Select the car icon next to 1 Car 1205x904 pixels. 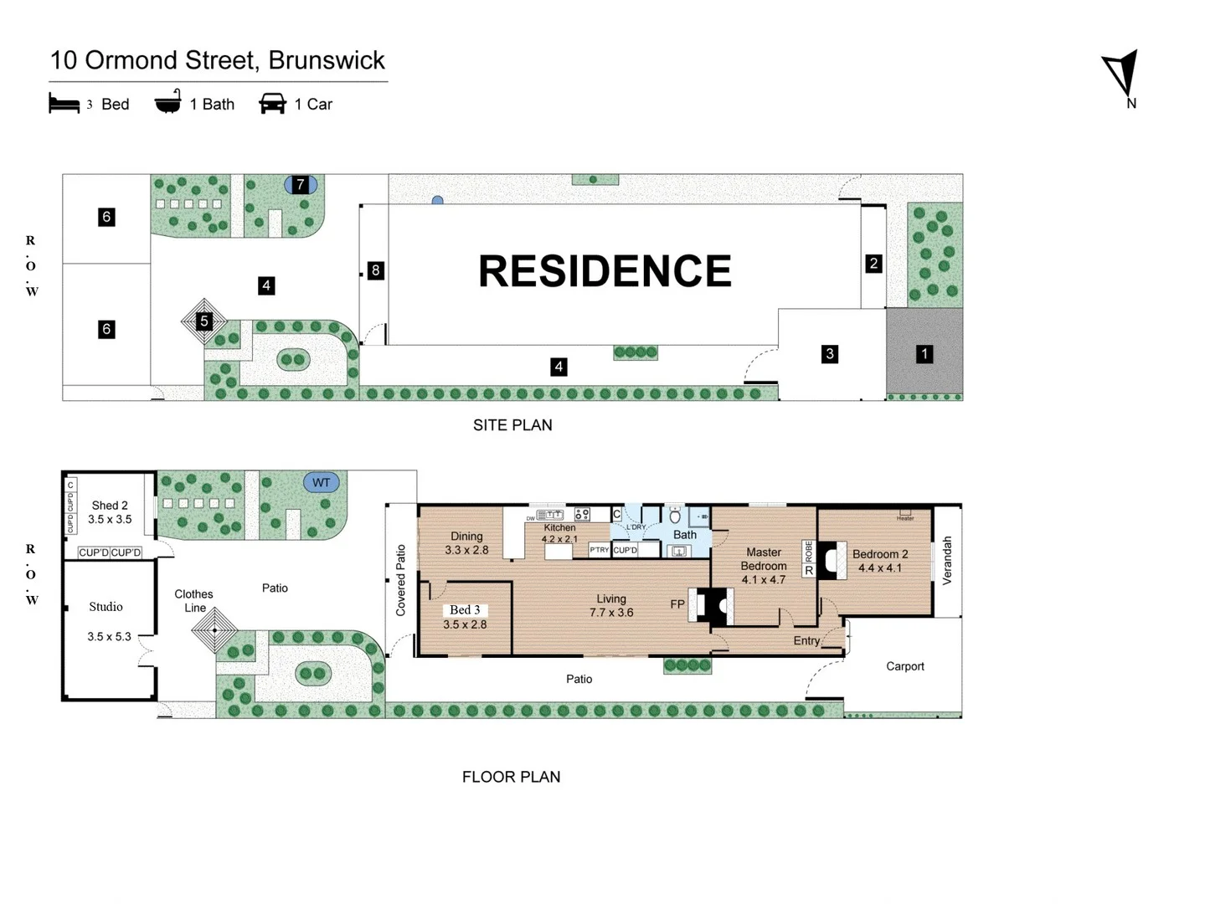coord(272,103)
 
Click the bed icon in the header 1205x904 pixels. coord(64,104)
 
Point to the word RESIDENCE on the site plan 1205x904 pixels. coord(605,271)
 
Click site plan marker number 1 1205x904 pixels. coord(924,354)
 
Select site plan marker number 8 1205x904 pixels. coord(375,270)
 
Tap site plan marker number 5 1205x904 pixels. coord(203,321)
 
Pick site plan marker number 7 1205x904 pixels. coord(301,184)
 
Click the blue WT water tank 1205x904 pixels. coord(322,482)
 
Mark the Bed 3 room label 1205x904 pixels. coord(465,610)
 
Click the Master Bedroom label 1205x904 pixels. coord(763,559)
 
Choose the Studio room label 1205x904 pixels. coord(106,607)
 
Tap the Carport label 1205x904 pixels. coord(904,666)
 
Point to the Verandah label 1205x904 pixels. coord(947,560)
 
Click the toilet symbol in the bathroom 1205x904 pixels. coord(675,516)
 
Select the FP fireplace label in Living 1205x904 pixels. coord(677,604)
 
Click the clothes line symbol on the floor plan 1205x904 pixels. coord(215,629)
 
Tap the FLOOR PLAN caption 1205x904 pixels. coord(511,777)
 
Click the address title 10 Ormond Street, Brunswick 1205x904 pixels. coord(218,60)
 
